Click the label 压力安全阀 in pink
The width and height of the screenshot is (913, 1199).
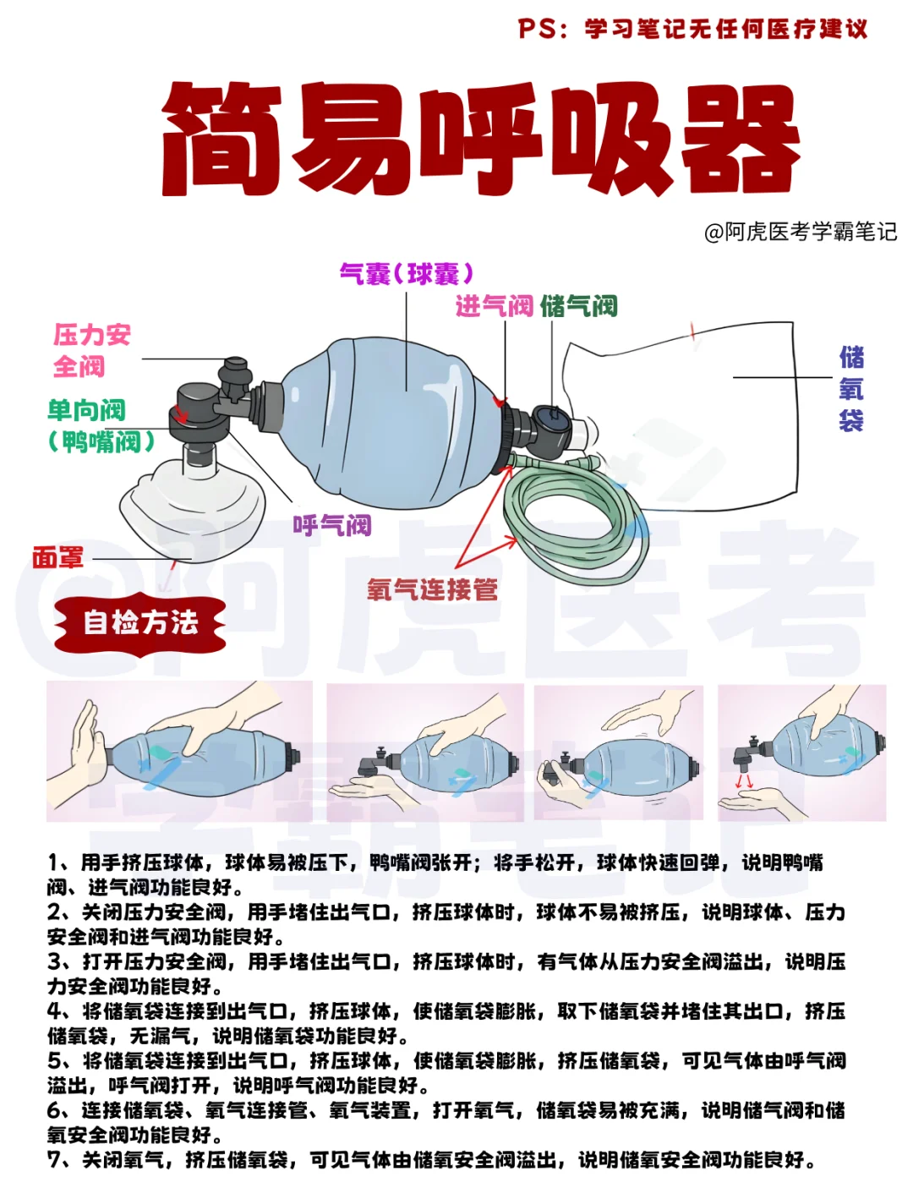point(91,350)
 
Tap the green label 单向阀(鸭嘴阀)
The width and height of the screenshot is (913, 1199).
point(100,425)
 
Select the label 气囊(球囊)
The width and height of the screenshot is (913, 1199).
point(407,274)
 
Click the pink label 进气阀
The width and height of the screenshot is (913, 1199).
point(494,306)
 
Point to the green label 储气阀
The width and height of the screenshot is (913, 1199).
point(579,306)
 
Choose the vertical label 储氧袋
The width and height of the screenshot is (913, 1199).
point(850,389)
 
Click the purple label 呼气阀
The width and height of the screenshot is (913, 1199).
point(332,526)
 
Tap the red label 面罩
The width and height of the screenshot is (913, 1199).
point(57,558)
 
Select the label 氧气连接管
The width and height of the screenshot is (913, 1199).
point(432,589)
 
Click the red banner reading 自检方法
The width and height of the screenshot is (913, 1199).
point(140,623)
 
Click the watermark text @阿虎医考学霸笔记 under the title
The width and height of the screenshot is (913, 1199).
point(800,232)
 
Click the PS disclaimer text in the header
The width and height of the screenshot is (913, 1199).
point(693,29)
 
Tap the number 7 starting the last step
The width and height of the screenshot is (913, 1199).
point(56,1159)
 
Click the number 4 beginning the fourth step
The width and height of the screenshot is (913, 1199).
point(56,1011)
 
